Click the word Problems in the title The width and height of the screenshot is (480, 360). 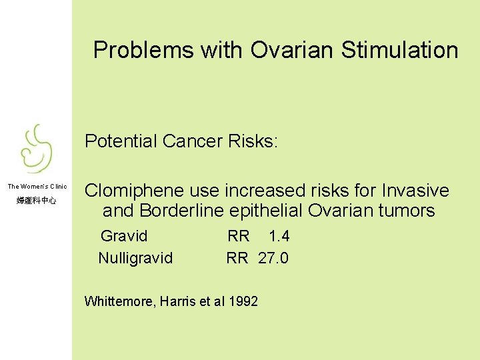136,50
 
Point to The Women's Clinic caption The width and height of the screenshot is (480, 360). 37,187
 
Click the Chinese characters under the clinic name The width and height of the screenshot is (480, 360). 36,200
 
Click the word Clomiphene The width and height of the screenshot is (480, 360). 127,191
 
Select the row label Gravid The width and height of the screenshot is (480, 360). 124,236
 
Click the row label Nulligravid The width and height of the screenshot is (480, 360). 135,258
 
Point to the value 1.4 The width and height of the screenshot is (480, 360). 279,236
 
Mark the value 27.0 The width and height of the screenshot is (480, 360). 273,258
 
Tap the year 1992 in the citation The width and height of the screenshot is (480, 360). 243,301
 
